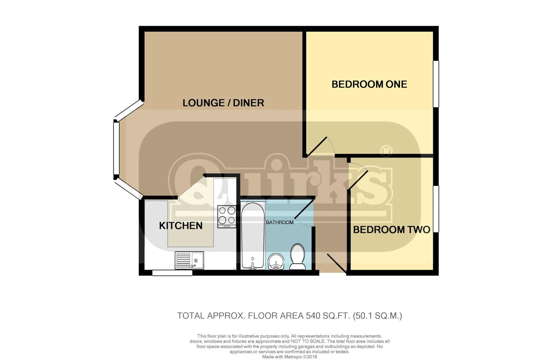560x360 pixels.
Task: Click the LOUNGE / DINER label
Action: (x=223, y=103)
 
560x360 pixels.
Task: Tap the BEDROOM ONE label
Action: (x=369, y=84)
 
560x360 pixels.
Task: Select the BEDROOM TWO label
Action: (x=391, y=230)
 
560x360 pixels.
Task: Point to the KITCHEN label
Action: (x=181, y=226)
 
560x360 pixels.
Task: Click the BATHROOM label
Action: (x=280, y=222)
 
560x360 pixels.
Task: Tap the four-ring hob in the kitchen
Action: (x=227, y=216)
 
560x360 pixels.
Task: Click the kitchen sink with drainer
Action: (x=189, y=260)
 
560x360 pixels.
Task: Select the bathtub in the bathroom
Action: (x=253, y=235)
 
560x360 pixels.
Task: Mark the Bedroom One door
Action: (x=317, y=146)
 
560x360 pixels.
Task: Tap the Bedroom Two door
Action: (x=358, y=180)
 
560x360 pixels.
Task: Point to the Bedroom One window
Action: (x=436, y=84)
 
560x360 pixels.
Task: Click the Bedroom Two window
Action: (x=436, y=209)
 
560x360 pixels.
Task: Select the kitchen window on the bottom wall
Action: (x=172, y=273)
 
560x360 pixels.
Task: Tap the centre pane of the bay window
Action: (x=116, y=148)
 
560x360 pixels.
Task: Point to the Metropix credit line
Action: (x=289, y=357)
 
